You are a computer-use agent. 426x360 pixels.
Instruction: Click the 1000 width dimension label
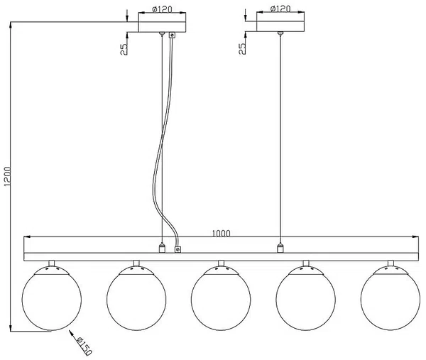click(x=221, y=234)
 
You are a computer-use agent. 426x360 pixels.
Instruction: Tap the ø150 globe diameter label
click(x=84, y=346)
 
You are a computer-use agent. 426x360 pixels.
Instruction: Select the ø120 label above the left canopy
click(x=162, y=9)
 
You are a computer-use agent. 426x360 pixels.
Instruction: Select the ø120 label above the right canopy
click(x=280, y=9)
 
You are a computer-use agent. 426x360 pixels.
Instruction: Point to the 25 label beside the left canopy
click(x=124, y=49)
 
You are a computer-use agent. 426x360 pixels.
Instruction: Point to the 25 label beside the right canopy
click(x=242, y=48)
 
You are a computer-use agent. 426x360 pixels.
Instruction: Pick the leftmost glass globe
click(x=52, y=298)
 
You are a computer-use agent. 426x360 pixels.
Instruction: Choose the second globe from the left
click(x=136, y=298)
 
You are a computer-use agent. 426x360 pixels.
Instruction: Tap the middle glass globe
click(x=221, y=298)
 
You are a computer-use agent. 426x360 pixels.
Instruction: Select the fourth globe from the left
click(x=305, y=298)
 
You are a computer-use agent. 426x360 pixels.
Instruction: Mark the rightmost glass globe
click(x=390, y=298)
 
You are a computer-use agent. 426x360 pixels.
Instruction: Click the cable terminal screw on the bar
click(x=177, y=249)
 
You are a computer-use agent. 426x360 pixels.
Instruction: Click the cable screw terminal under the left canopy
click(x=172, y=35)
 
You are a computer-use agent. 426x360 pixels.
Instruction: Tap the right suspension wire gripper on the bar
click(x=280, y=248)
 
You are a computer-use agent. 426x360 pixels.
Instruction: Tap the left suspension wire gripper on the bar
click(x=162, y=248)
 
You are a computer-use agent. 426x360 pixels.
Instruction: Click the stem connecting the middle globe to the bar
click(x=221, y=263)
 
